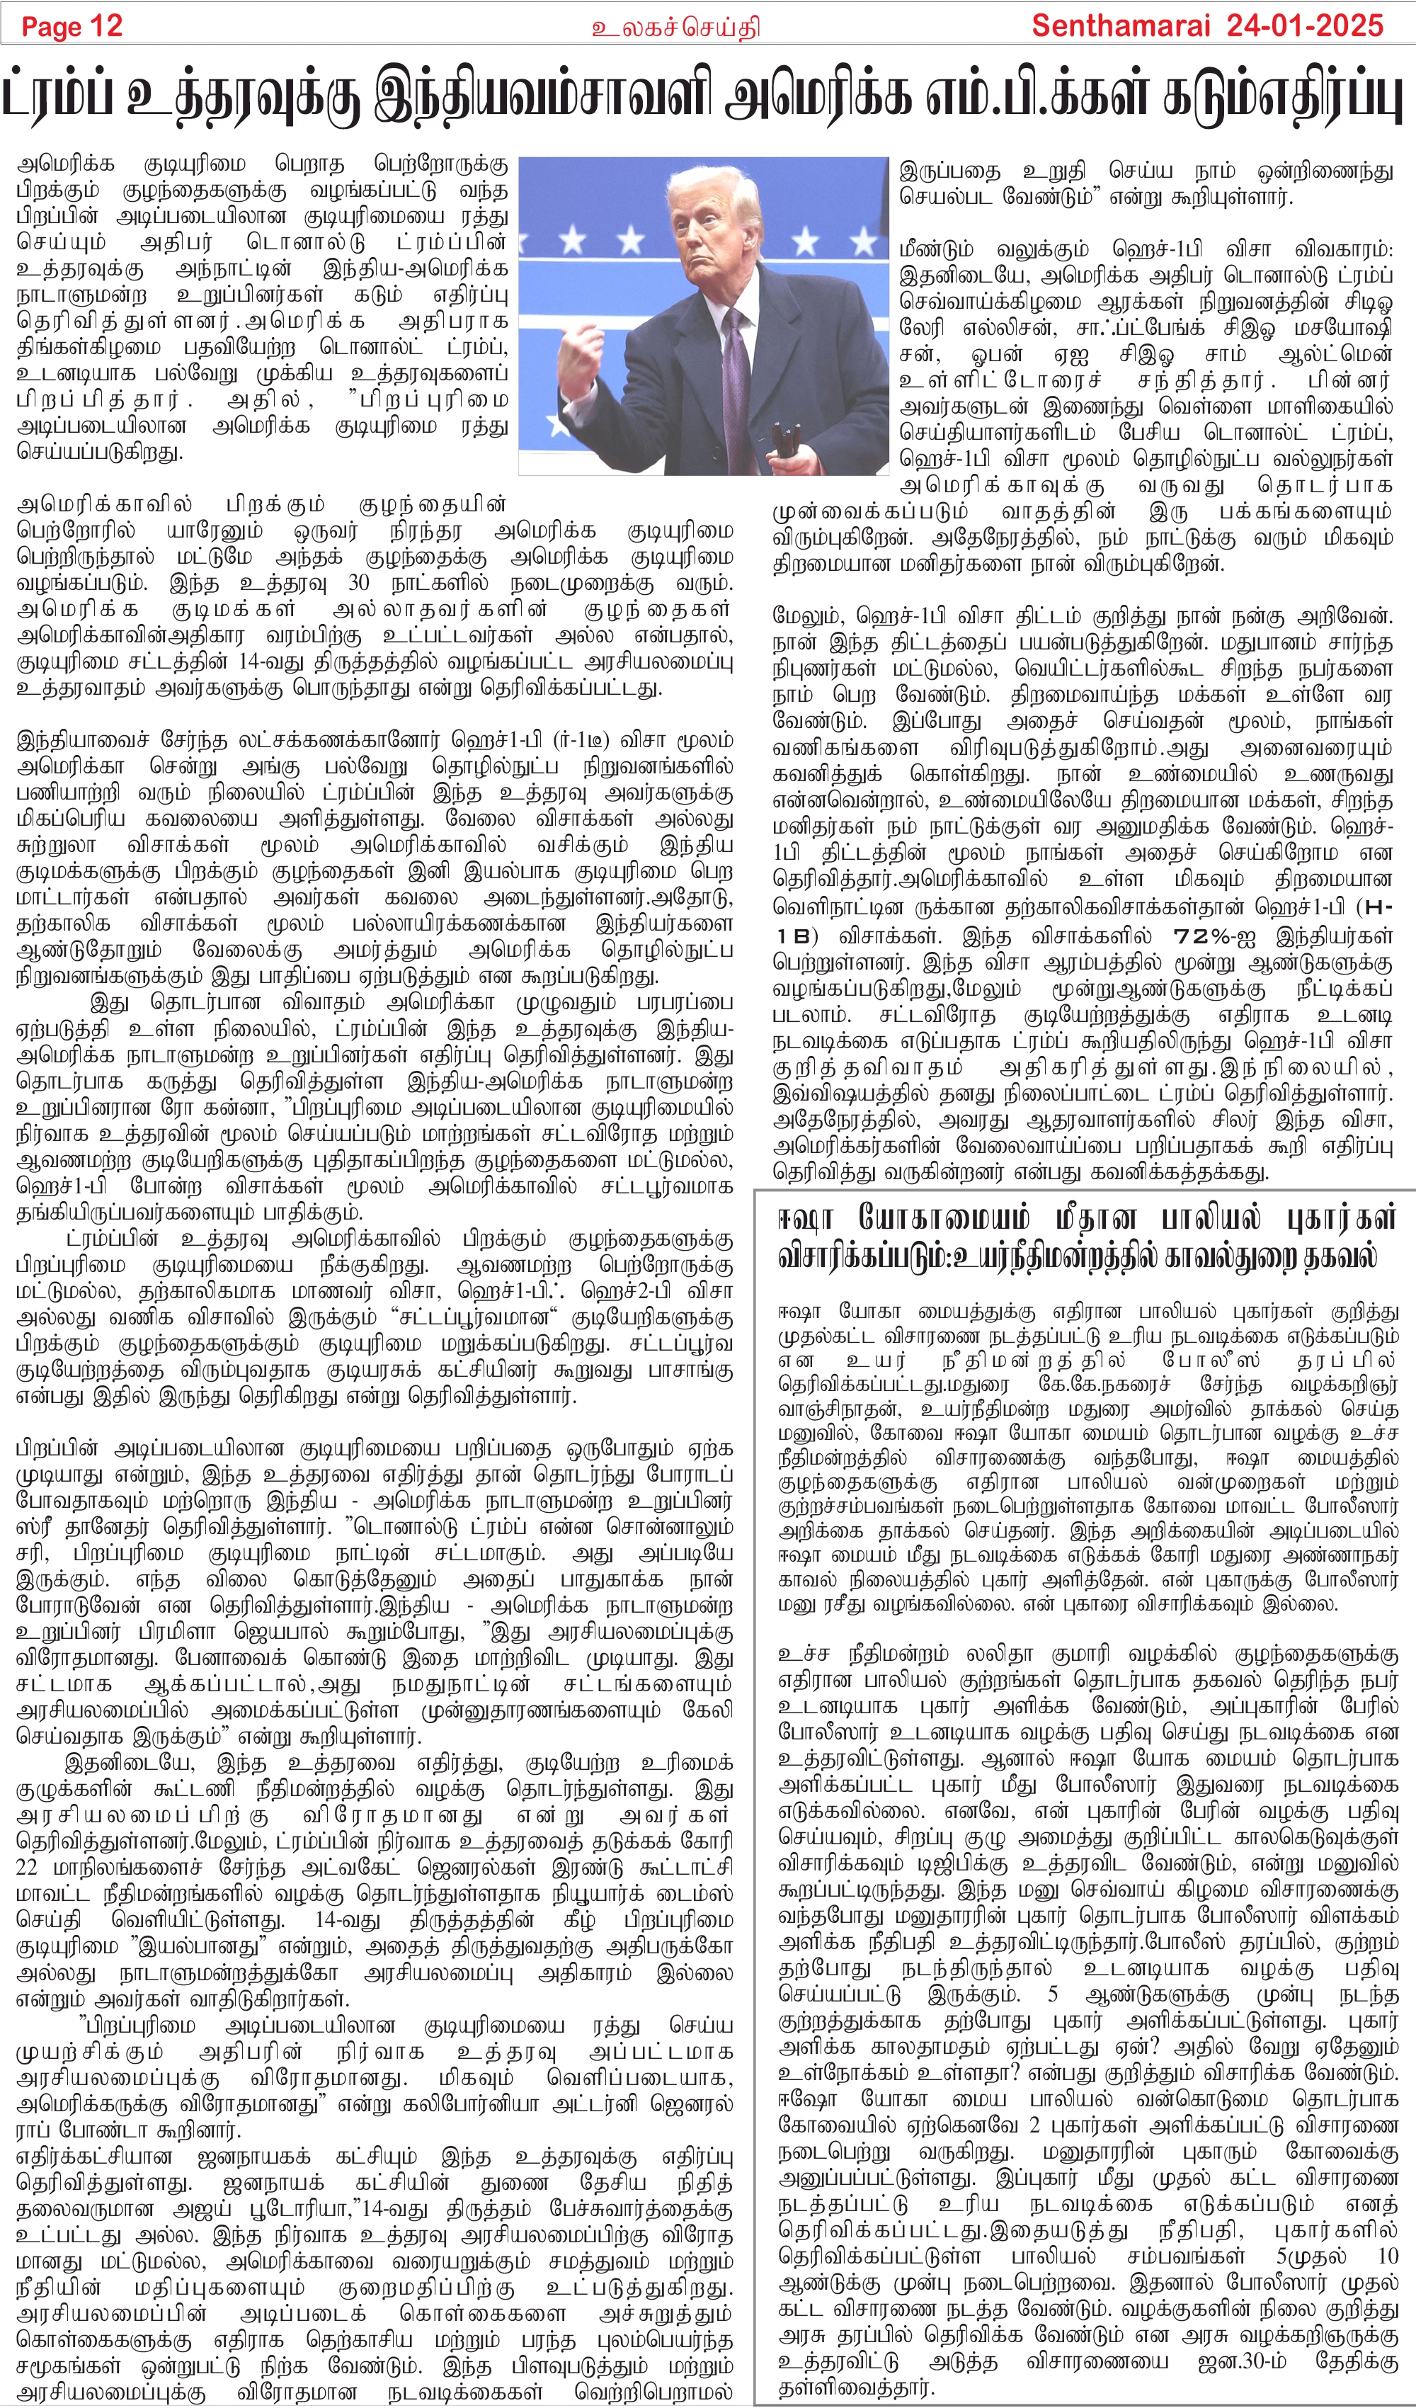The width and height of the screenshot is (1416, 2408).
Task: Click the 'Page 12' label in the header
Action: [72, 25]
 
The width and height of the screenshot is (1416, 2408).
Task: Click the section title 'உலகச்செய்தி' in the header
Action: [675, 28]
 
